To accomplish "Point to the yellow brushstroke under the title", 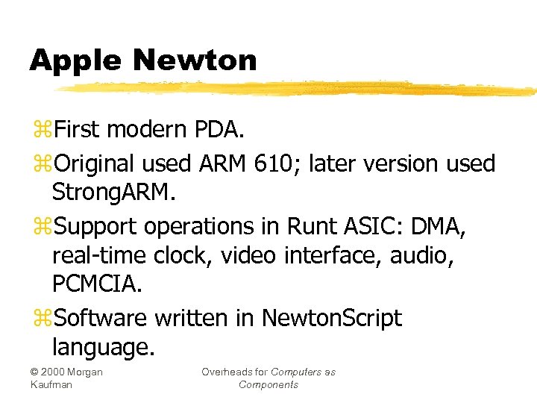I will coord(298,89).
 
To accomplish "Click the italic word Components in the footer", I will coord(268,384).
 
